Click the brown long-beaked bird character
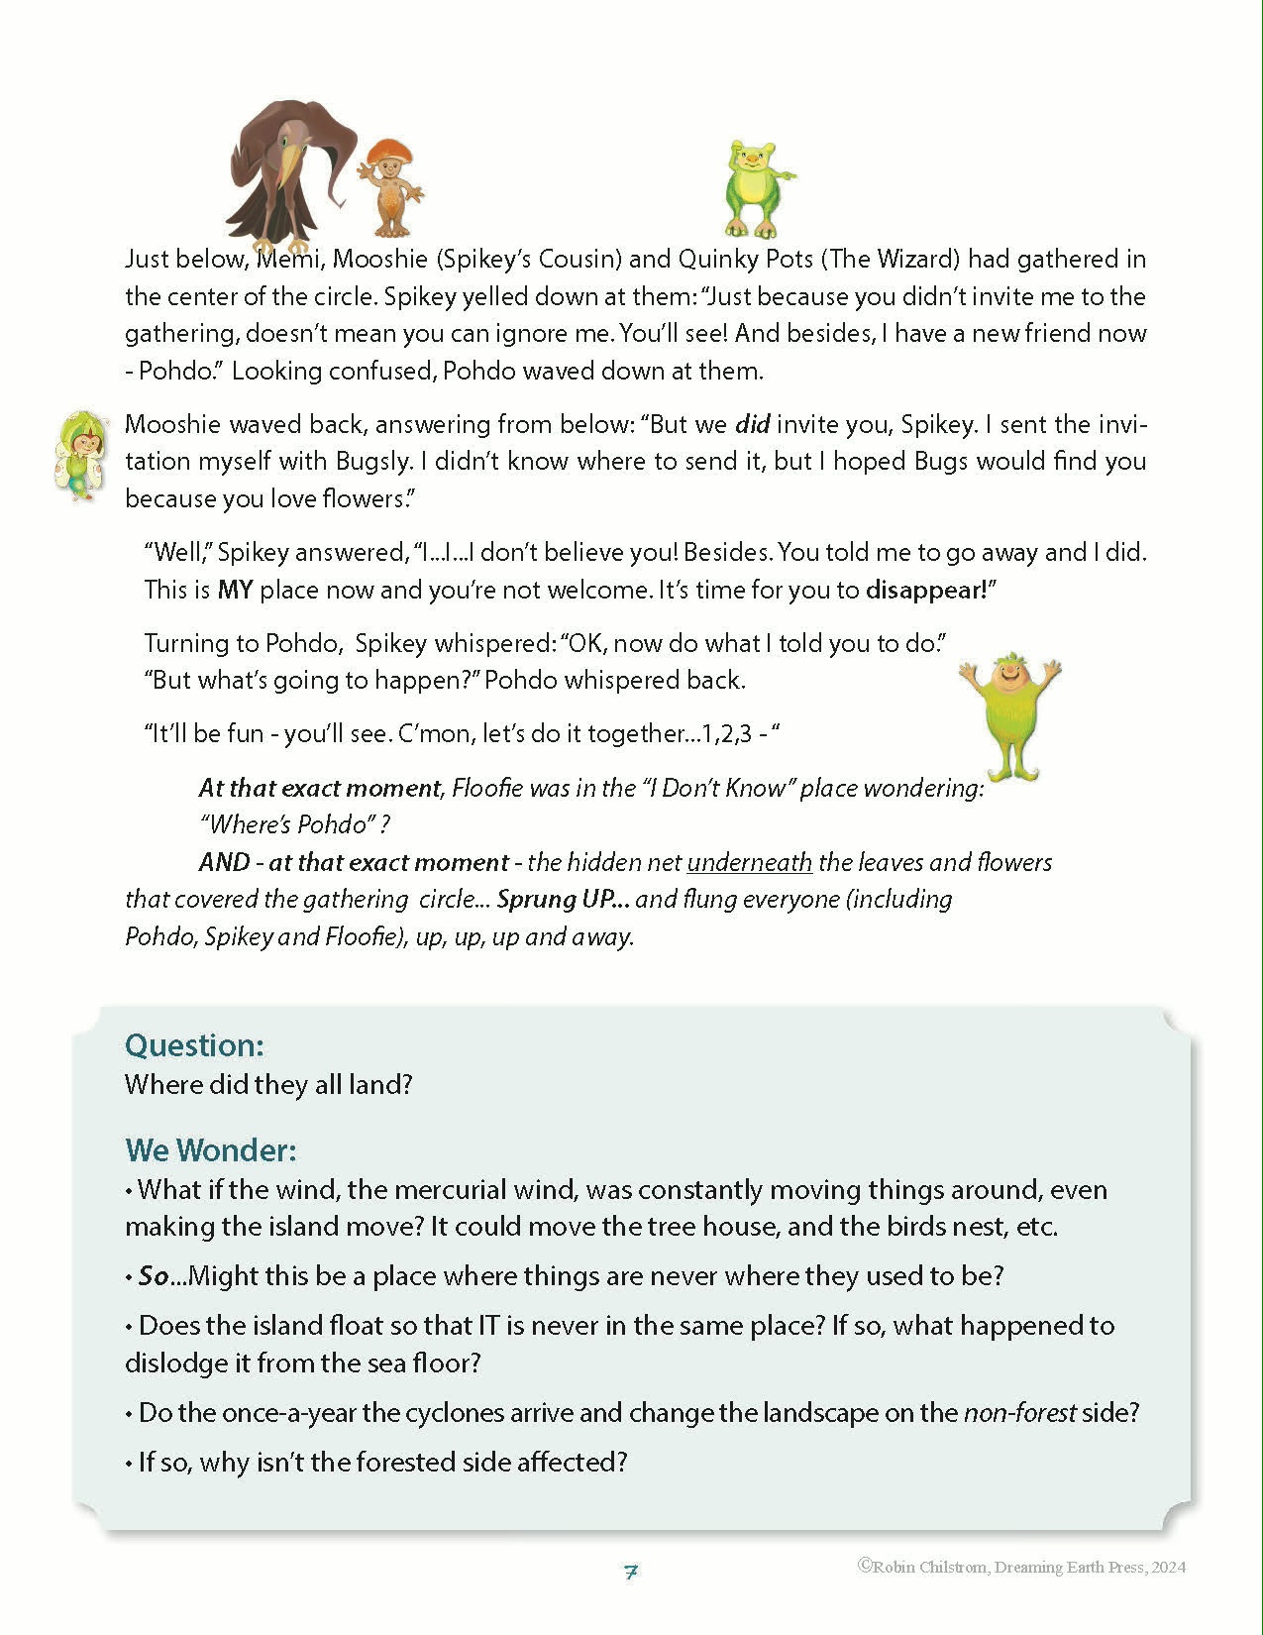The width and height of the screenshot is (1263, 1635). coord(282,173)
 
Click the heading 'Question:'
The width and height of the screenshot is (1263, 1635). coord(194,1045)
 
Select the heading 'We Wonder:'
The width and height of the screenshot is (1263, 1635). coord(210,1149)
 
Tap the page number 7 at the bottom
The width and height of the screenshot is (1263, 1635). coord(631,1572)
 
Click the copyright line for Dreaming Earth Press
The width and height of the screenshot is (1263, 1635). coord(1021,1567)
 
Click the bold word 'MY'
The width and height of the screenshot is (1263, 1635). coord(235,590)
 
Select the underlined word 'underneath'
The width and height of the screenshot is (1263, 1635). coord(749,862)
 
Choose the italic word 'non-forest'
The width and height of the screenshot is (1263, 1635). coord(1019,1412)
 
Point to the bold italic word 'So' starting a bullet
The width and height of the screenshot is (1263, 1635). coord(154,1276)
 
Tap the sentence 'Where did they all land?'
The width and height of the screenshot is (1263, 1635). coord(268,1084)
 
